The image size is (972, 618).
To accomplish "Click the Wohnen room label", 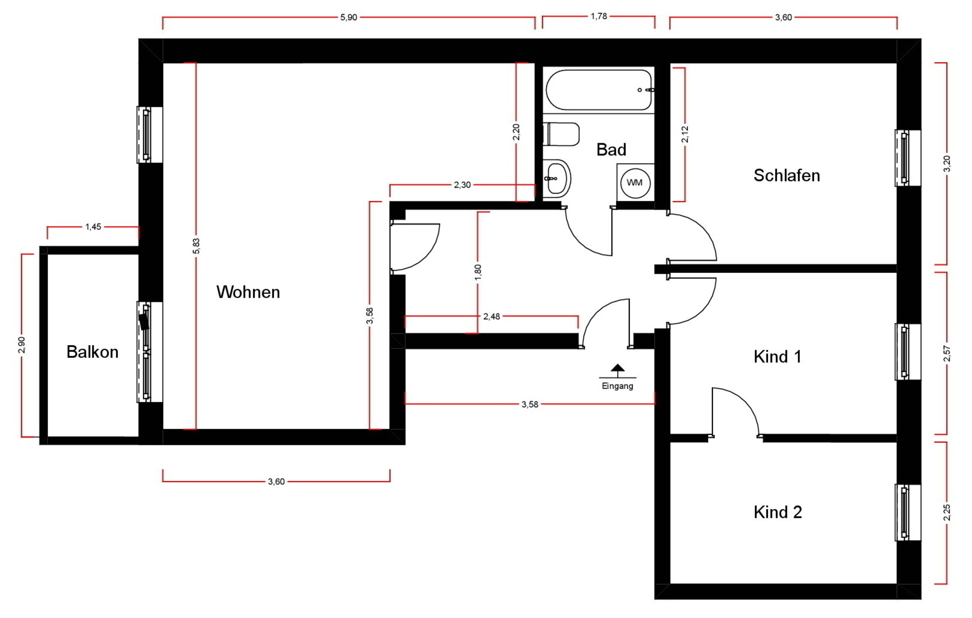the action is click(x=248, y=292).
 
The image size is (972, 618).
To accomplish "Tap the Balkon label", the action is click(x=93, y=352).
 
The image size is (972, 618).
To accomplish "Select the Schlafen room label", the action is click(x=787, y=176).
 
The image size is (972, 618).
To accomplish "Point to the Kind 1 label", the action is click(x=778, y=357).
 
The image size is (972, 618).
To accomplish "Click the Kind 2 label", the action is click(x=778, y=512).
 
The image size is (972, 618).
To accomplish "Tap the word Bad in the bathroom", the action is click(x=612, y=150).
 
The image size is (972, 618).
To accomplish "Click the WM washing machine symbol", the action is click(x=635, y=183).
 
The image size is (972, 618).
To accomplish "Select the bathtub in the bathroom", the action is click(x=599, y=90).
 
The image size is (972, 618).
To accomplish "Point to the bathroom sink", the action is click(x=557, y=178).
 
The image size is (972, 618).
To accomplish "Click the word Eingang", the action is click(x=618, y=386).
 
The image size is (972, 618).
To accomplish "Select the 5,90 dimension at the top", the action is click(x=349, y=17).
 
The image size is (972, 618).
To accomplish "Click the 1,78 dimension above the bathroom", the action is click(x=599, y=16).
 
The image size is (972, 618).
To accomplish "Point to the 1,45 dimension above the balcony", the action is click(x=93, y=227).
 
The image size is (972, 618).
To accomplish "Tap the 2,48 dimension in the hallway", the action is click(x=492, y=316).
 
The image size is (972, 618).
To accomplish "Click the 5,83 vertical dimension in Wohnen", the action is click(x=196, y=246).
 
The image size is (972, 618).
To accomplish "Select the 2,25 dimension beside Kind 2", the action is click(x=947, y=513).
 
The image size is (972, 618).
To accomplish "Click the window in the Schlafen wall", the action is click(x=908, y=158).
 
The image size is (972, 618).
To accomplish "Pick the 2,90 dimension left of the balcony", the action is click(x=22, y=345).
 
